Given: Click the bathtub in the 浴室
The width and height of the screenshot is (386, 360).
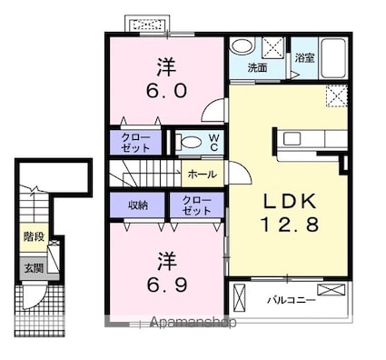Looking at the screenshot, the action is click(333, 58).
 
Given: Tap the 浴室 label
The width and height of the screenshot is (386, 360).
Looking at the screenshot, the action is click(305, 58).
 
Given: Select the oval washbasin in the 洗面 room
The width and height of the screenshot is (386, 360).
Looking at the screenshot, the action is click(242, 46).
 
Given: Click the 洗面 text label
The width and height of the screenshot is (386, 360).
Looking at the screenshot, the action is click(257, 68).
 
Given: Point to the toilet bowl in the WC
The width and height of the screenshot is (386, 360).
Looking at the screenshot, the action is click(190, 142).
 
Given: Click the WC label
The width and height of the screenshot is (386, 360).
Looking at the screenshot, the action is click(214, 143).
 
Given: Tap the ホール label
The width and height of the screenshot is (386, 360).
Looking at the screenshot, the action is click(203, 175).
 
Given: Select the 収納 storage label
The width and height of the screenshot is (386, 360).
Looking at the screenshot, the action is click(138, 205).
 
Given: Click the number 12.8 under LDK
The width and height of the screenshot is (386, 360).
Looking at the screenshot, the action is click(290, 225).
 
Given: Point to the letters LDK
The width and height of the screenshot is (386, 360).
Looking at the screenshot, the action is click(290, 201).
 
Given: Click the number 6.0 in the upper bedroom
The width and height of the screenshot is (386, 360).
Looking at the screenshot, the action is click(166, 91).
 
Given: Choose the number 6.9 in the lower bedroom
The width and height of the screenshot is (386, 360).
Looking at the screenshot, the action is click(167, 285).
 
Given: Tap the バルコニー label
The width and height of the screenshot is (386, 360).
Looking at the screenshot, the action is click(292, 301).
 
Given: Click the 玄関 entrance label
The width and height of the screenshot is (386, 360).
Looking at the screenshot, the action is click(34, 268).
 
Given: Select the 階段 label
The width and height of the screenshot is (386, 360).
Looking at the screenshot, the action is click(34, 236).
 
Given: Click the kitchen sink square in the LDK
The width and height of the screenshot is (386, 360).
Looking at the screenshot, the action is click(292, 139).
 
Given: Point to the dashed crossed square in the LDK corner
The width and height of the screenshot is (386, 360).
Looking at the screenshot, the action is click(337, 96).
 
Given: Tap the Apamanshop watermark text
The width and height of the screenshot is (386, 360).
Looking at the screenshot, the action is click(193, 323).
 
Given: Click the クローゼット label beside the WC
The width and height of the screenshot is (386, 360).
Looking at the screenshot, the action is click(135, 143).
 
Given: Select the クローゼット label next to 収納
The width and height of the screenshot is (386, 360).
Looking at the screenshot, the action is click(196, 205).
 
